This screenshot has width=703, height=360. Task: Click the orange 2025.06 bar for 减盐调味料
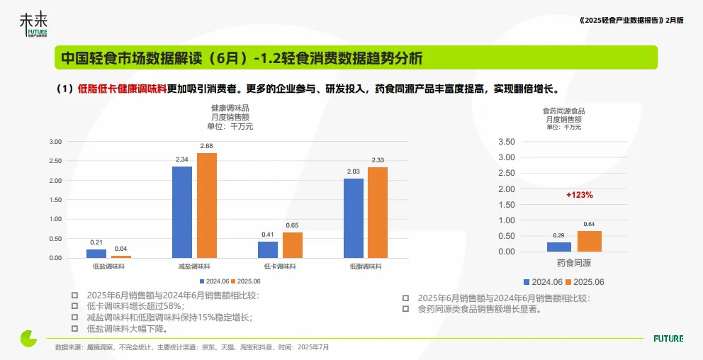[x=207, y=205]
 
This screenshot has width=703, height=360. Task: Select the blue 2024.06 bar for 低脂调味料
[x=354, y=218]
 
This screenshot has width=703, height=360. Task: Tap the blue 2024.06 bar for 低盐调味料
[x=96, y=253]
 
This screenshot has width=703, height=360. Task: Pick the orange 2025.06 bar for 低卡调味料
[x=293, y=244]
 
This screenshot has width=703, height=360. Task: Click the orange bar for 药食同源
[x=590, y=241]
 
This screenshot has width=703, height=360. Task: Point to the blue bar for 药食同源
[x=559, y=247]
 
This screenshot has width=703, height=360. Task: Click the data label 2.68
[x=207, y=147]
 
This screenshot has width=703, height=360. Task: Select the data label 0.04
[x=121, y=249]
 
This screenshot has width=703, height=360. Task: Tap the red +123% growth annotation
[x=580, y=194]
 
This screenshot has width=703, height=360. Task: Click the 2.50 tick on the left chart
[x=55, y=161]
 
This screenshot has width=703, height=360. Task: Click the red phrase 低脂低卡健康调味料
[x=122, y=89]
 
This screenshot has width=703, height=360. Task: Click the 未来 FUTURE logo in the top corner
[x=33, y=26]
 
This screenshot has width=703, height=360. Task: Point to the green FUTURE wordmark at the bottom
[x=668, y=339]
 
